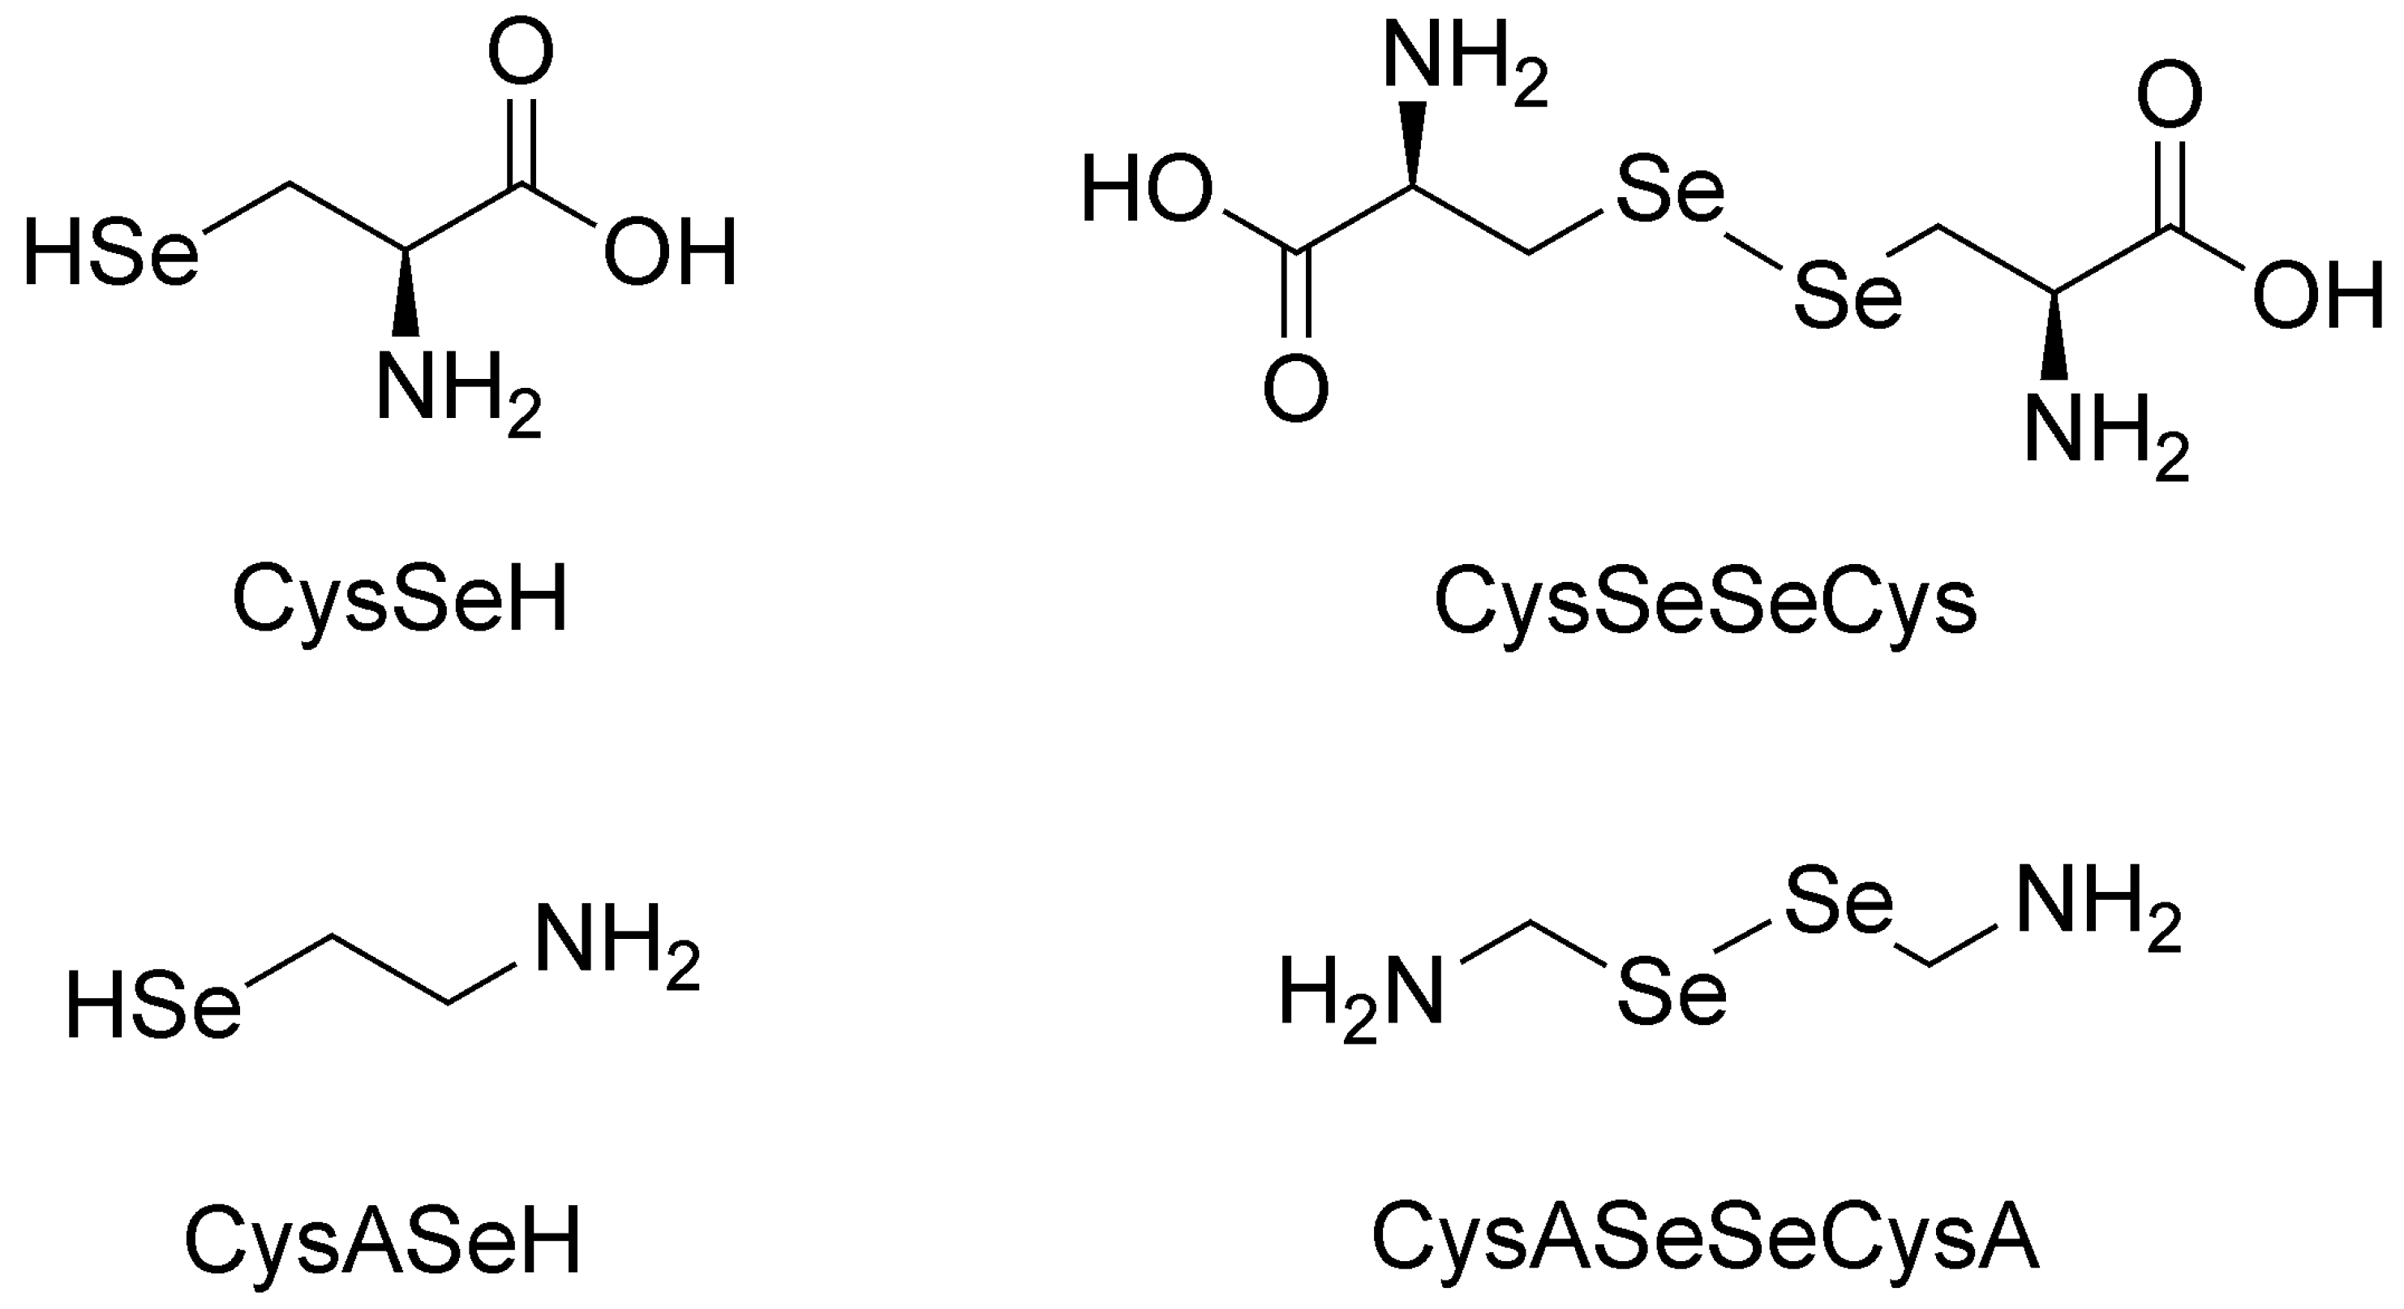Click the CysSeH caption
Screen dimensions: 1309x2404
399,601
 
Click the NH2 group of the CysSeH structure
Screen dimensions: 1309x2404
457,390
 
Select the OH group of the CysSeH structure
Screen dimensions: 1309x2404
670,252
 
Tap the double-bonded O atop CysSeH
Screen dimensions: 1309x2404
521,54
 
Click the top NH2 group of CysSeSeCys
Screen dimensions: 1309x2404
1463,58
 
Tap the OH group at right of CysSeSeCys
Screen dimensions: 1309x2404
2317,297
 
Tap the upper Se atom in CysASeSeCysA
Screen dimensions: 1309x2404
1839,903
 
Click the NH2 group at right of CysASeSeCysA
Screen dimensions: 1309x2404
2098,903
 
